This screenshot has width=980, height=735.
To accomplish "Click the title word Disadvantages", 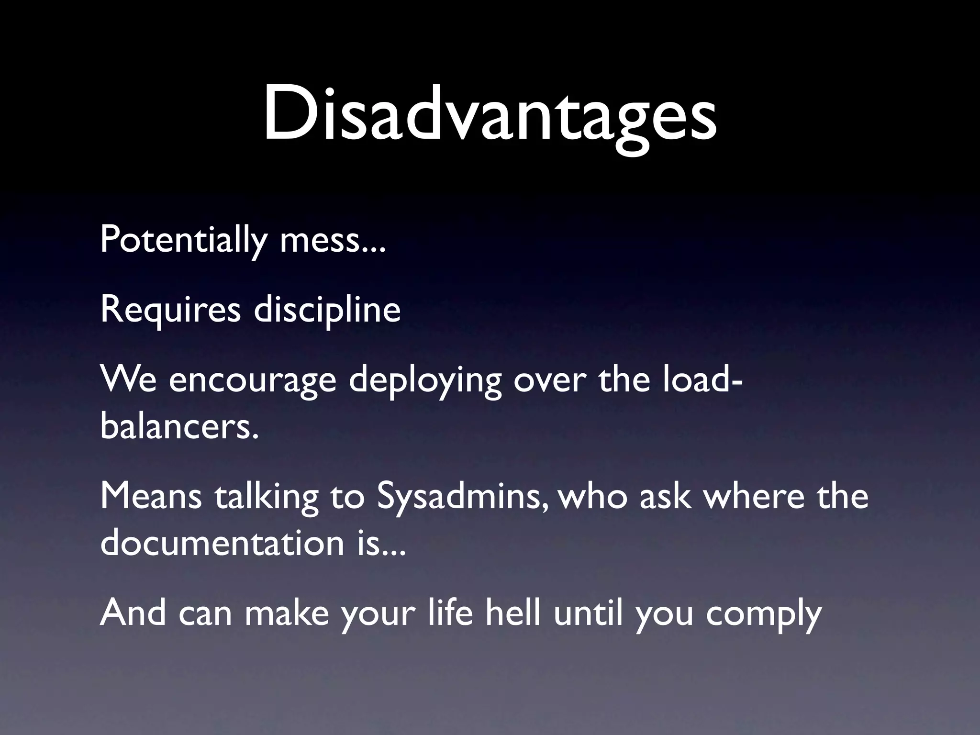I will (x=490, y=115).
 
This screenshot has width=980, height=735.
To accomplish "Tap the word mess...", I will (x=332, y=240).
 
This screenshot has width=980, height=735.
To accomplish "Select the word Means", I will (x=151, y=496).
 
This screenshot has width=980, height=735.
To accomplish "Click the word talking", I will (x=266, y=496).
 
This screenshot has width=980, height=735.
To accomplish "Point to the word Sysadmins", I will (x=463, y=496).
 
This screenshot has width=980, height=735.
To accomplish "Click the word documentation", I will (x=223, y=543).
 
